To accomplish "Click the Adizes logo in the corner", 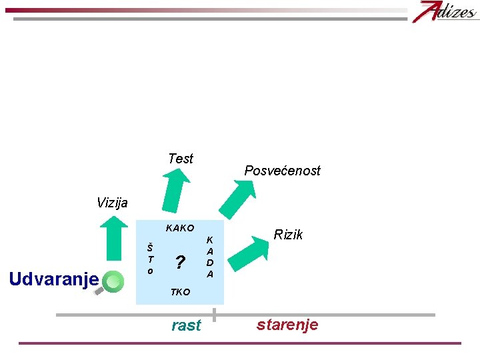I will click(x=445, y=11).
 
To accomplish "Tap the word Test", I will click(x=181, y=159).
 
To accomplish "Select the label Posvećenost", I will click(x=282, y=171).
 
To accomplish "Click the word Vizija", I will click(x=112, y=203).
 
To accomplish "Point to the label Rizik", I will click(x=289, y=235).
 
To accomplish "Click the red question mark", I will click(x=179, y=262).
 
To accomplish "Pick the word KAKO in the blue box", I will click(x=179, y=229).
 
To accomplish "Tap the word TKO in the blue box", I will click(x=179, y=292).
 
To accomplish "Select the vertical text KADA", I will click(x=210, y=256).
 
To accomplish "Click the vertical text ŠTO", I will click(x=151, y=259).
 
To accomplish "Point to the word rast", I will click(x=186, y=325).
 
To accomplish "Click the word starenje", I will click(x=288, y=325).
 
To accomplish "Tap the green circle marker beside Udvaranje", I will click(x=114, y=281).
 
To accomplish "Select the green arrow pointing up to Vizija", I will click(x=117, y=239).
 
